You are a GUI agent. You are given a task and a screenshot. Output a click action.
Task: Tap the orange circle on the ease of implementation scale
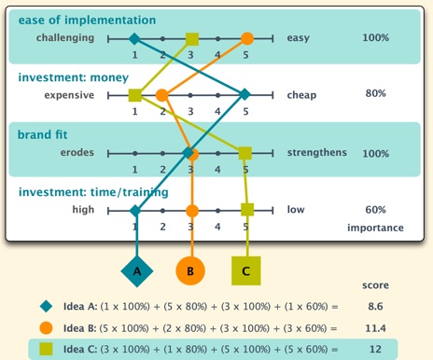click(246, 38)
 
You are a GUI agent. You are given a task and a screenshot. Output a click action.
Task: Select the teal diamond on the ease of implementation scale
click(134, 39)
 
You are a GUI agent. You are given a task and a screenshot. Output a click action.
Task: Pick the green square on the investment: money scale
click(135, 94)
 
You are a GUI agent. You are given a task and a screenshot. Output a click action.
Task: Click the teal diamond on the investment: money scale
click(244, 94)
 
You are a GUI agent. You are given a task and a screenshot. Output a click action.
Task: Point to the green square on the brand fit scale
click(245, 152)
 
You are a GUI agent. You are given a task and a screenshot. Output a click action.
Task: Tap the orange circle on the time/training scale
click(191, 209)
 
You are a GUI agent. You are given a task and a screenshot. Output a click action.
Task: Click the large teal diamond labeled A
click(136, 270)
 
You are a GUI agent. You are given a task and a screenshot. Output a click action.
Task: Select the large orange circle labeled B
click(190, 270)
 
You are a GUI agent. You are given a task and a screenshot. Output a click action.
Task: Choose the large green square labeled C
click(246, 270)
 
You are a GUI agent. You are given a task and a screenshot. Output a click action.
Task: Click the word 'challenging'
click(66, 38)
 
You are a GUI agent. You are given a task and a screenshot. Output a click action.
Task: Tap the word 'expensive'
click(69, 94)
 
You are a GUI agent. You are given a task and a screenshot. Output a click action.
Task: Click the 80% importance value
click(375, 93)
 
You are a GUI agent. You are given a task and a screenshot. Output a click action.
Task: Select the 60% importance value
click(375, 209)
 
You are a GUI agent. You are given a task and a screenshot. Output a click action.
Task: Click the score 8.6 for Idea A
click(375, 305)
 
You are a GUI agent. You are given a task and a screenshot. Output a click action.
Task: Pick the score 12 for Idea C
click(375, 350)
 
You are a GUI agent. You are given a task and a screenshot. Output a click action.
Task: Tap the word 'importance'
click(375, 228)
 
